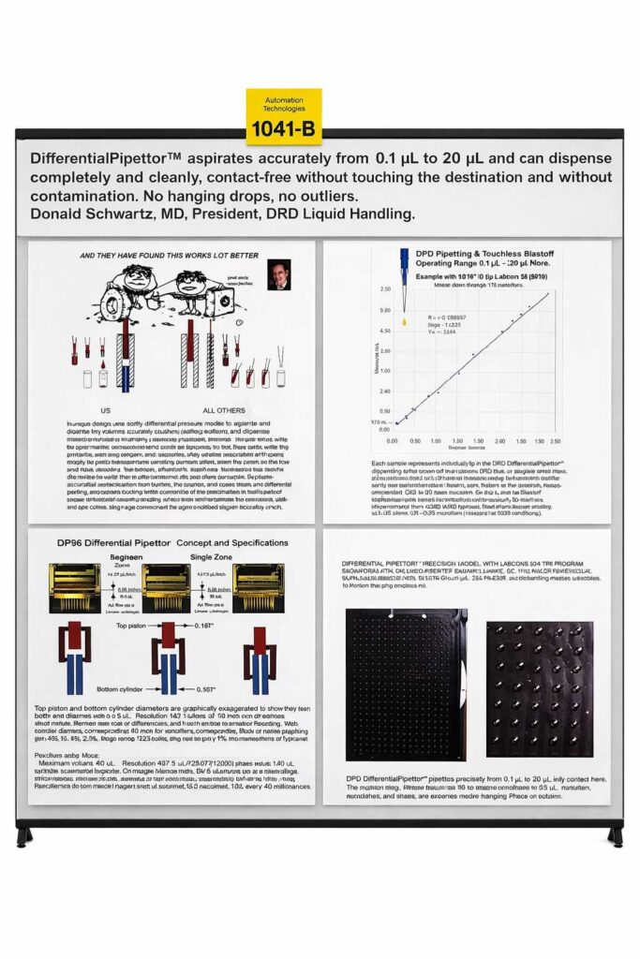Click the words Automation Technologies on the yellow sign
coord(284,104)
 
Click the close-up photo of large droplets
coord(539,689)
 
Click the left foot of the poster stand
coord(25,835)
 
